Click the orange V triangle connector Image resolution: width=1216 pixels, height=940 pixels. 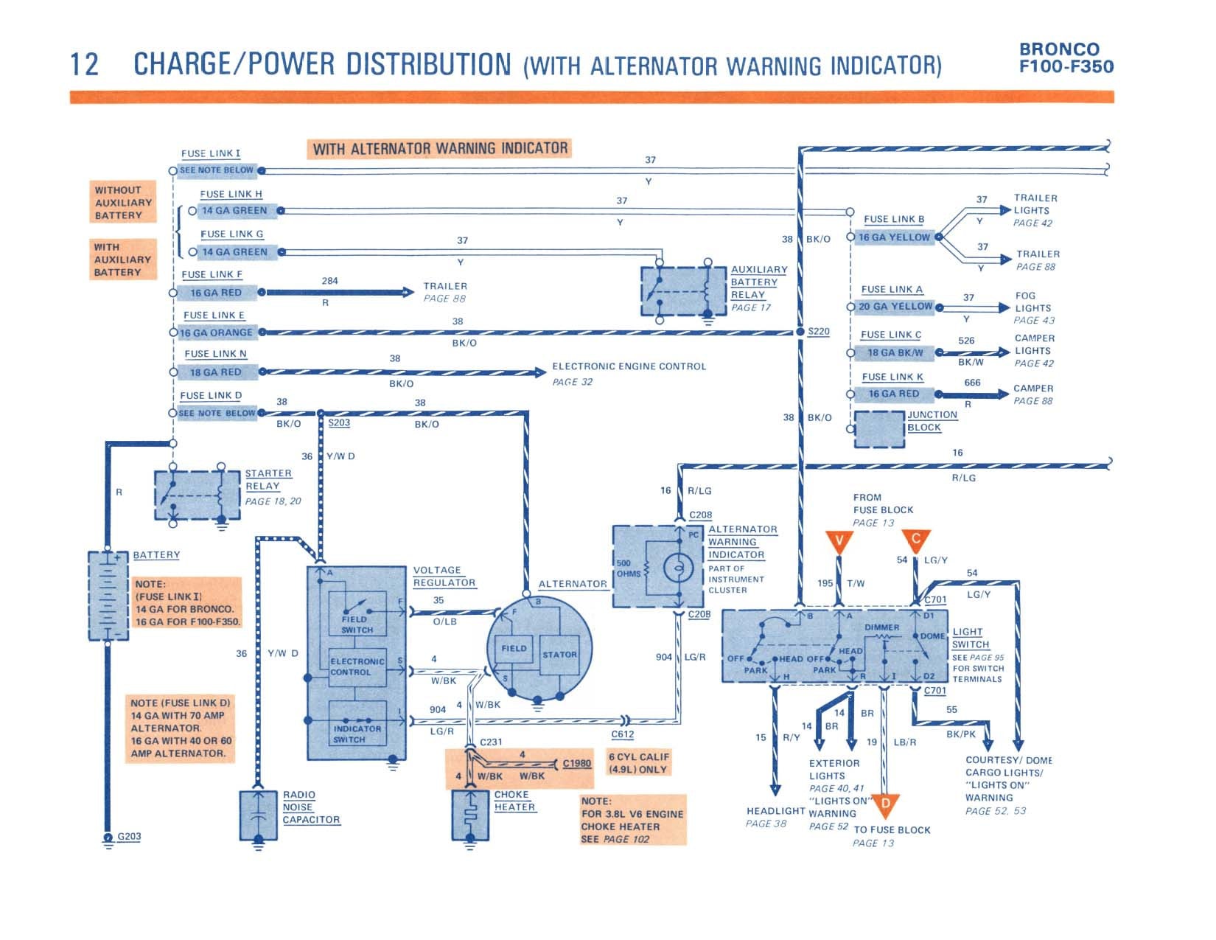[x=839, y=541]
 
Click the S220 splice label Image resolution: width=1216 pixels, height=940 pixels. [x=819, y=332]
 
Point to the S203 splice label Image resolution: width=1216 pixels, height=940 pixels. [x=339, y=422]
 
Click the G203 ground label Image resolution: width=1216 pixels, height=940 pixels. [x=129, y=836]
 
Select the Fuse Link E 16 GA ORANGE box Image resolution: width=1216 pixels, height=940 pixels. [x=217, y=333]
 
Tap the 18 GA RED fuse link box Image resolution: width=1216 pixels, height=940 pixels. [x=217, y=372]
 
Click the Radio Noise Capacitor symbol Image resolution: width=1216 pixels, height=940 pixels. [x=259, y=815]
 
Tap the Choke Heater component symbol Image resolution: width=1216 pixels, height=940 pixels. [x=470, y=815]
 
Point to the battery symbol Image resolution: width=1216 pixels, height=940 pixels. [x=108, y=596]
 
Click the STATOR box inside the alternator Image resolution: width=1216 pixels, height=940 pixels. [x=559, y=655]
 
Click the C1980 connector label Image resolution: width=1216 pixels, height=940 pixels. [x=576, y=763]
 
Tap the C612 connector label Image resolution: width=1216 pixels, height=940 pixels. [x=622, y=734]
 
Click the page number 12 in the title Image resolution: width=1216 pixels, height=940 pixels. [x=85, y=64]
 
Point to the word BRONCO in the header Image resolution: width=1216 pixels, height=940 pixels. [x=1059, y=49]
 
